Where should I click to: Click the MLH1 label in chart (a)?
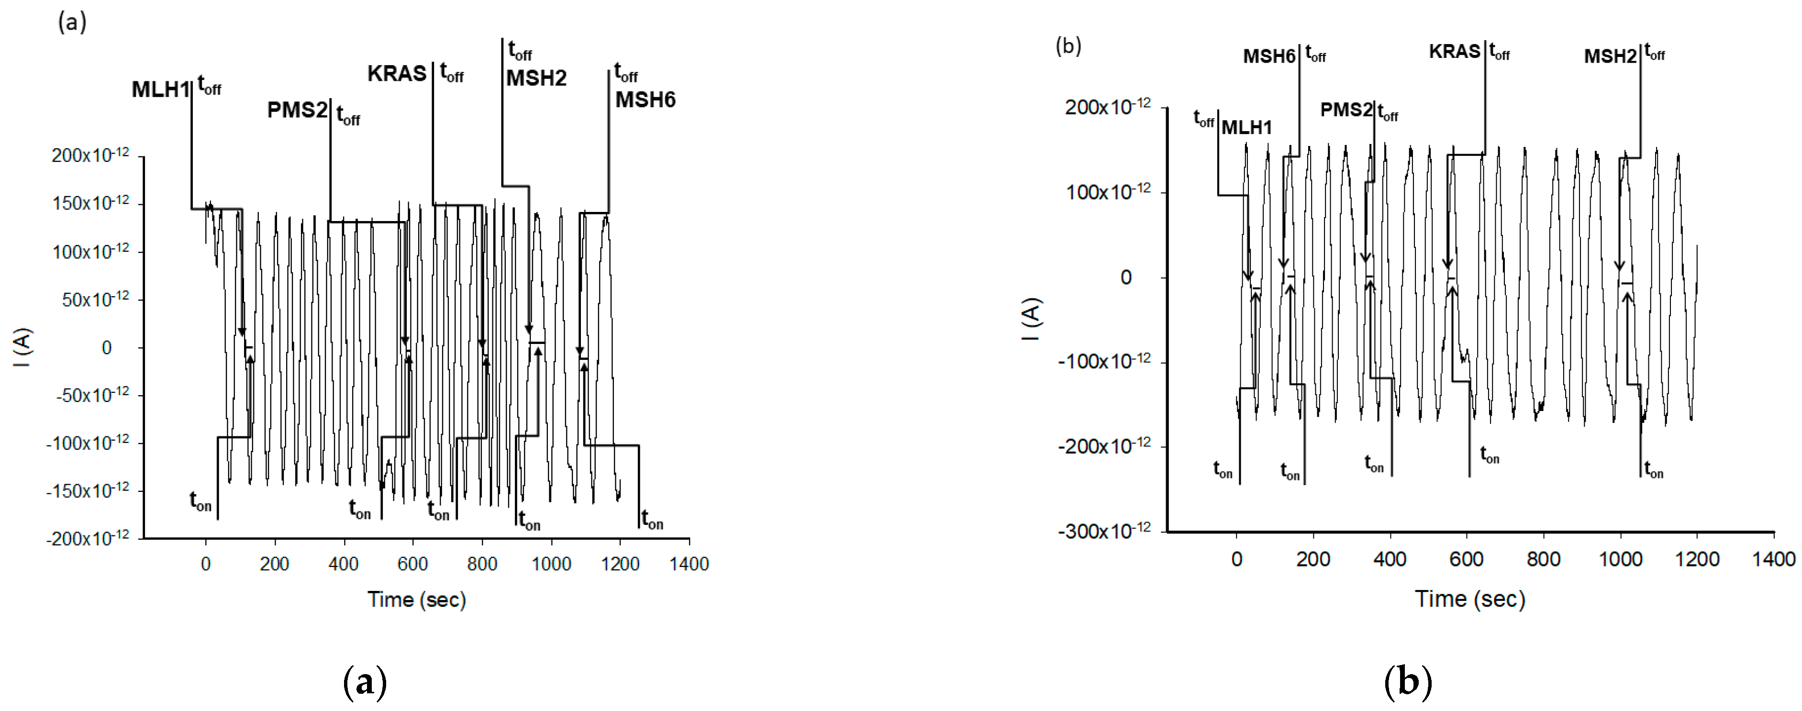160,89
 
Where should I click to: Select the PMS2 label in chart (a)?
297,110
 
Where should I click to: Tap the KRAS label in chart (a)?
397,74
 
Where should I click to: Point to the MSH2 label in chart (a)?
536,78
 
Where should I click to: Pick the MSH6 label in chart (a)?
645,100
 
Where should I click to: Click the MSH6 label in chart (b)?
1269,56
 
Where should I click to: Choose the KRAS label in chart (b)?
1454,52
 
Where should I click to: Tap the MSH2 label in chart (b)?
1610,56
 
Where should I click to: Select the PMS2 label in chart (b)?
1346,110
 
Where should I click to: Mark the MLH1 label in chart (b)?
1246,127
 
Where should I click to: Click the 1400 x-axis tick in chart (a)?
689,564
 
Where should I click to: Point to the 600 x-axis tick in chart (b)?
1466,559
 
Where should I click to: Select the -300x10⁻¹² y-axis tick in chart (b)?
1104,531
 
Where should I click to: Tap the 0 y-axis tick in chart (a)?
106,348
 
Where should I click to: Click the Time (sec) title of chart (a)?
417,600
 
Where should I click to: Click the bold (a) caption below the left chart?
365,682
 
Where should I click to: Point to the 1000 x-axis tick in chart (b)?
1620,559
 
